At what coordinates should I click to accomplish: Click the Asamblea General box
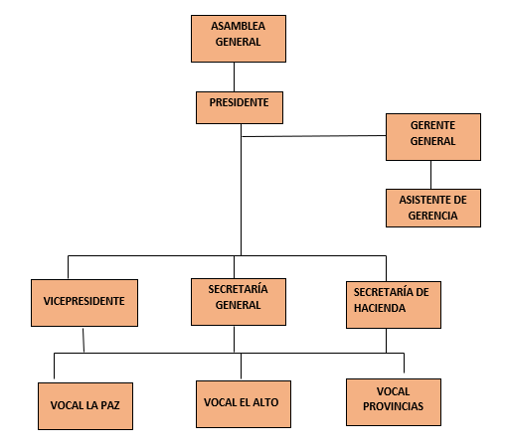[x=239, y=39]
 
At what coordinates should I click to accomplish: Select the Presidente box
[x=240, y=107]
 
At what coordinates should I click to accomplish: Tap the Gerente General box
[x=433, y=137]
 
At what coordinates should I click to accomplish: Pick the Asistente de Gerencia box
[x=433, y=208]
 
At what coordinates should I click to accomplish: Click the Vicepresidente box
[x=84, y=303]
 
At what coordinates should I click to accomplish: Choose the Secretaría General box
[x=239, y=302]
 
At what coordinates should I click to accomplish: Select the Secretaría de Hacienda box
[x=394, y=305]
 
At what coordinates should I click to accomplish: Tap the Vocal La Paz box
[x=85, y=406]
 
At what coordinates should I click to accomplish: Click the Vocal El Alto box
[x=244, y=404]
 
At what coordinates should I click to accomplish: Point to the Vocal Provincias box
[x=394, y=402]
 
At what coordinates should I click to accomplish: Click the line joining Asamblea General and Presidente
[x=234, y=76]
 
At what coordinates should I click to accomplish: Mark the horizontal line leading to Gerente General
[x=314, y=136]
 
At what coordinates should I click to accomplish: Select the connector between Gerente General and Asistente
[x=430, y=175]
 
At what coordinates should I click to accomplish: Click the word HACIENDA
[x=380, y=308]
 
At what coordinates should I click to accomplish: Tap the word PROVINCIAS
[x=393, y=406]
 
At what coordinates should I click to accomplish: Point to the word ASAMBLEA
[x=238, y=26]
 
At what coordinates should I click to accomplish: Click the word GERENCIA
[x=432, y=216]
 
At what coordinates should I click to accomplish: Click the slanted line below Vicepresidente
[x=84, y=340]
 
